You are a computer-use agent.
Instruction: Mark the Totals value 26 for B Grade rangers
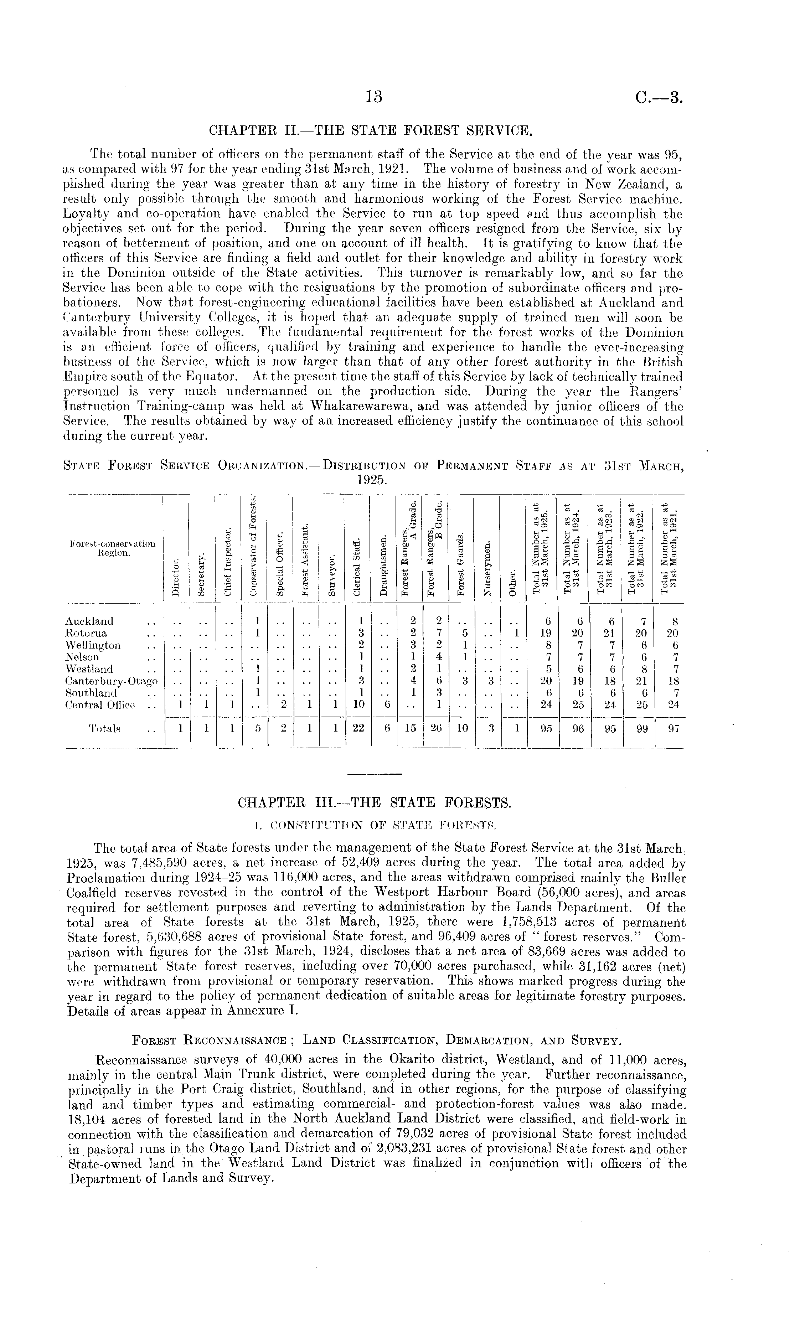[436, 729]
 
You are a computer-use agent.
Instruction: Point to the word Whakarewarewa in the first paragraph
[366, 407]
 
